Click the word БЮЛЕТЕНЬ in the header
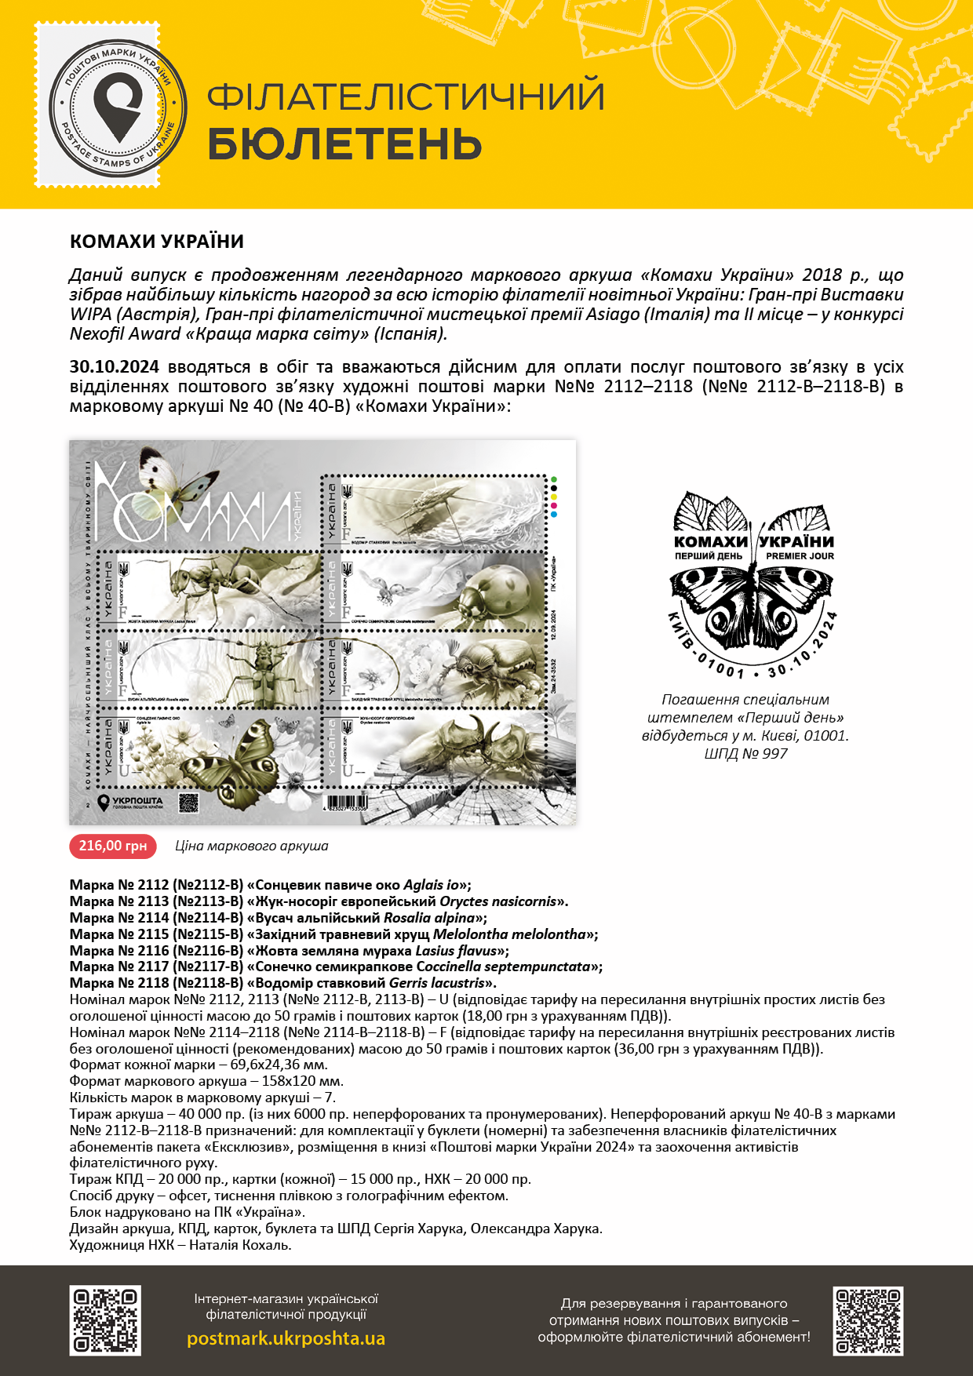click(344, 144)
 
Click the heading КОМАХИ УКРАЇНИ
click(157, 242)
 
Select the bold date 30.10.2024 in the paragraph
click(115, 367)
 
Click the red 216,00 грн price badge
click(113, 846)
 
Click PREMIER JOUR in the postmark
click(800, 556)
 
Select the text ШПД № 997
click(745, 754)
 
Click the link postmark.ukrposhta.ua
click(286, 1338)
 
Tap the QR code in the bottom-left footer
click(105, 1320)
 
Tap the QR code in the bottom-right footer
click(868, 1320)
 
